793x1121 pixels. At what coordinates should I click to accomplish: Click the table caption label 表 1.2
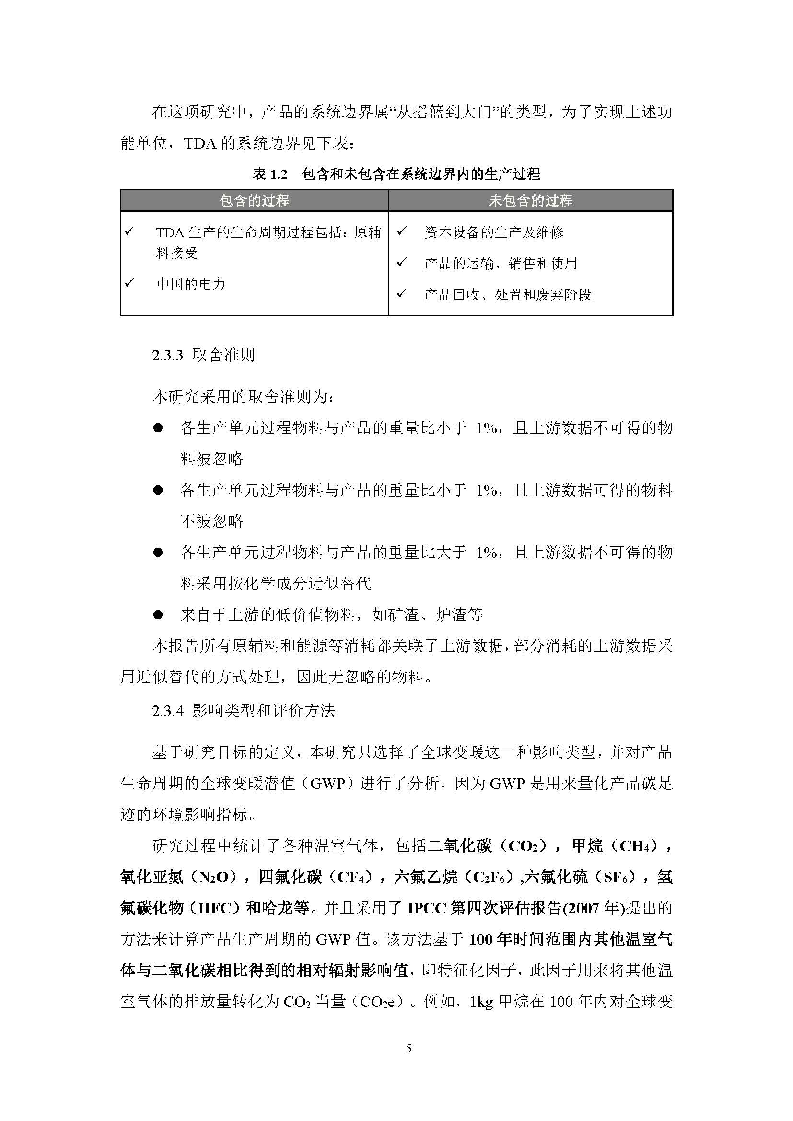(270, 174)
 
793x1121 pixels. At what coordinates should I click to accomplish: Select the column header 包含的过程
(255, 201)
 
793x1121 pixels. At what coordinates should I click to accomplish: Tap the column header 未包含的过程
(531, 201)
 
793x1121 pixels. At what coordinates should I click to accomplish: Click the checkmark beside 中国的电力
(129, 283)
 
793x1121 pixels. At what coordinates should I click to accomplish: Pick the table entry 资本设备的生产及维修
(494, 232)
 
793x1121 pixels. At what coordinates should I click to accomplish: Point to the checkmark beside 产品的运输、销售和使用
(401, 263)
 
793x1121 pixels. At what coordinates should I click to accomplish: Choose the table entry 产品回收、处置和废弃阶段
(508, 295)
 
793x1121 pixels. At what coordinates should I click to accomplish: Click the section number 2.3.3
(167, 356)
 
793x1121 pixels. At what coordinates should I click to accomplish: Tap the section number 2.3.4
(167, 711)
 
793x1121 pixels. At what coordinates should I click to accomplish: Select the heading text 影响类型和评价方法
(264, 711)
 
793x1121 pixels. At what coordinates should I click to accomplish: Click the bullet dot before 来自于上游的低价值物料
(158, 615)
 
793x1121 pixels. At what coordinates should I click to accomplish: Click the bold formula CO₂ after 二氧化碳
(523, 846)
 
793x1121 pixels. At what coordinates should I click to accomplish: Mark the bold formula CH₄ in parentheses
(635, 846)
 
